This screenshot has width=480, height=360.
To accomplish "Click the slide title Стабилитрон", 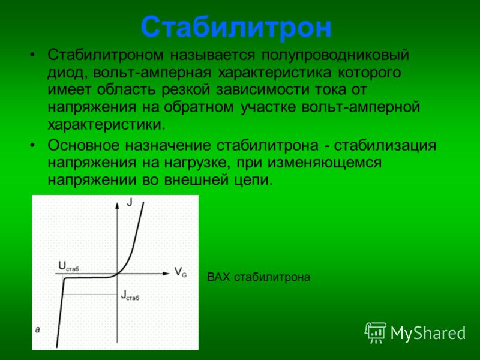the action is [236, 28].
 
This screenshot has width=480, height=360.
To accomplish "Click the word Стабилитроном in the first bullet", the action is [106, 55].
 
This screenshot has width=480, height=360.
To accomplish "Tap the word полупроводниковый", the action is [335, 56].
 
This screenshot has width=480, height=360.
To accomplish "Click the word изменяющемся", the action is [325, 163].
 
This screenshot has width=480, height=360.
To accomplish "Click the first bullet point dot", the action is [32, 55].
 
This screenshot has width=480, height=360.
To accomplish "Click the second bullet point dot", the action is [32, 146].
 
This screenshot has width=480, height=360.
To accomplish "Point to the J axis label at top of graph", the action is [130, 202].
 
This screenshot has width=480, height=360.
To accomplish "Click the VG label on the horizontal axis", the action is [181, 272].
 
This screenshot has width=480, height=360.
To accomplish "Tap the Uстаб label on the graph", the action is [68, 266].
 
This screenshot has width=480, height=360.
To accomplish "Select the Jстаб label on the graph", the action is [130, 295].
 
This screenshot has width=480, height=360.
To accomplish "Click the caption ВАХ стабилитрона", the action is [259, 277].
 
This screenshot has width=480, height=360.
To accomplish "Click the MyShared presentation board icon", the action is [376, 332].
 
